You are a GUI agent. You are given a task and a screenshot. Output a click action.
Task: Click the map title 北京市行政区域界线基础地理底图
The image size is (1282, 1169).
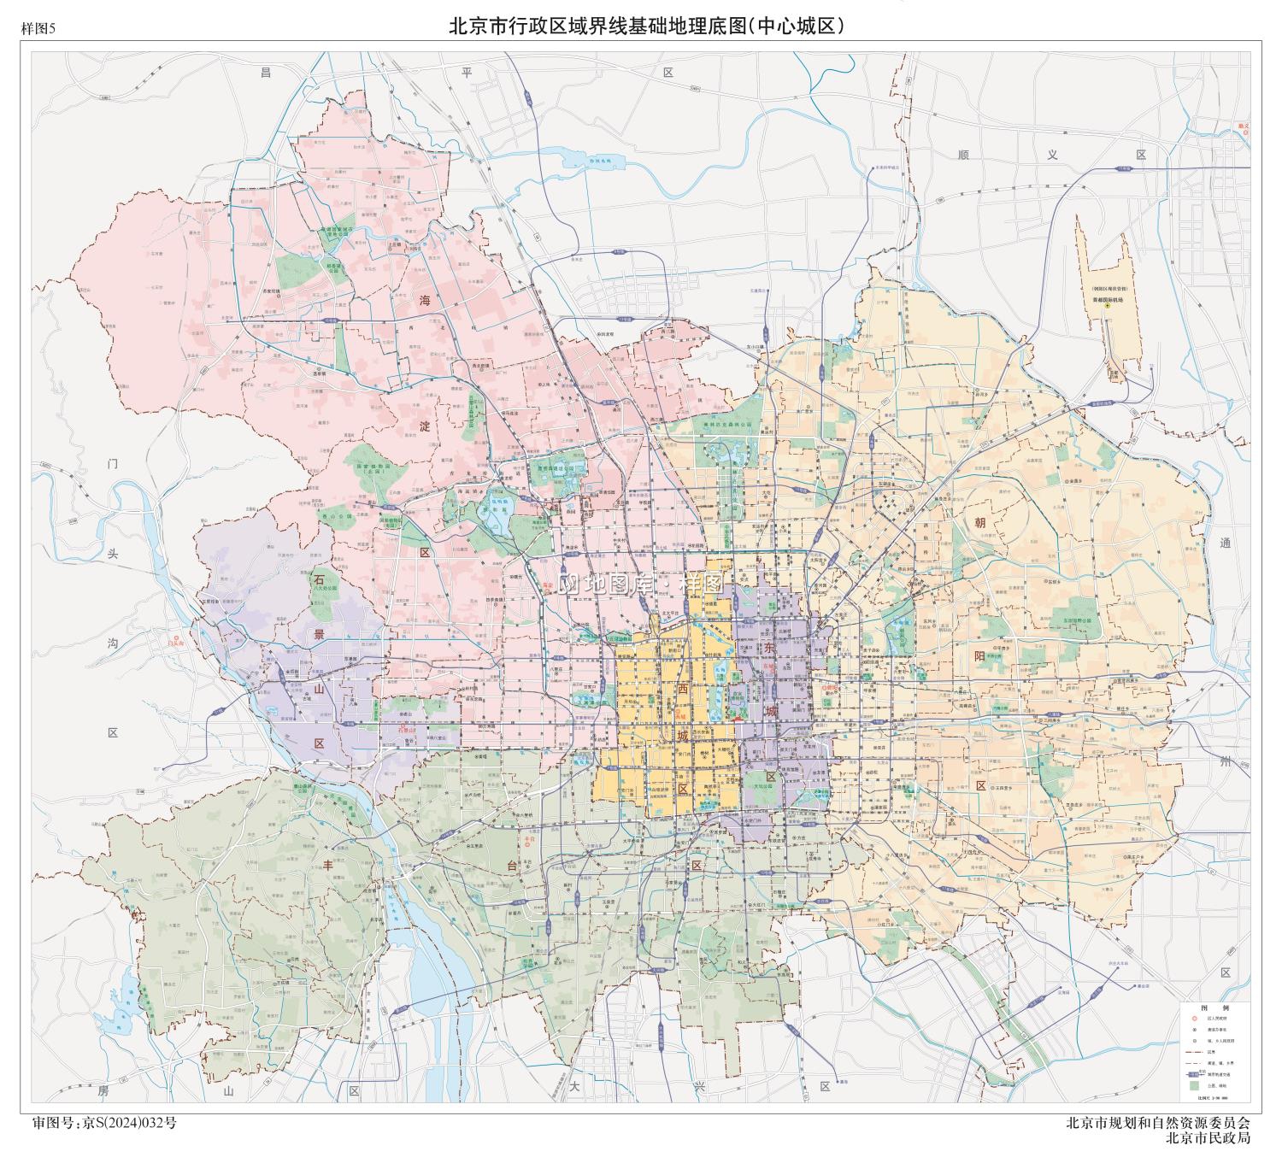[x=598, y=26]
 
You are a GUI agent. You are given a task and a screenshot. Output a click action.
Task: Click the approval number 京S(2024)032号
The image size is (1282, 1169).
[x=128, y=1122]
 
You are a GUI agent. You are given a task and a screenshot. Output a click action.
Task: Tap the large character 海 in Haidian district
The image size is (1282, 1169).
[x=425, y=300]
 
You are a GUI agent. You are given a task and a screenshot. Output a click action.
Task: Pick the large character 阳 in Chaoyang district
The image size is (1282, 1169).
[x=979, y=655]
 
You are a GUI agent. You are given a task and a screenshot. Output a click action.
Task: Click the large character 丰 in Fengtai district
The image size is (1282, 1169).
[x=327, y=865]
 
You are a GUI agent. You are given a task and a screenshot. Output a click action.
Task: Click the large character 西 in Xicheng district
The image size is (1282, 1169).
[x=682, y=688]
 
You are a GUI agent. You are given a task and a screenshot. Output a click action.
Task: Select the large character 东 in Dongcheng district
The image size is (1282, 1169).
[x=769, y=649]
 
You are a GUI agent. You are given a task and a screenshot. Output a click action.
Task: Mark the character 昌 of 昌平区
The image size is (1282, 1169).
[x=266, y=73]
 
